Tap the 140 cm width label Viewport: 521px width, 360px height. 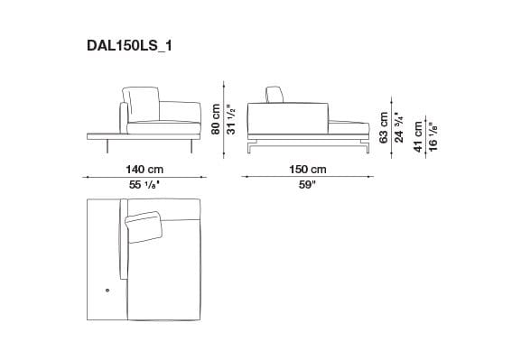pyautogui.click(x=144, y=169)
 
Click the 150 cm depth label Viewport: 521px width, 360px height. pyautogui.click(x=308, y=169)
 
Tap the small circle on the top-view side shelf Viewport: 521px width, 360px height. pyautogui.click(x=107, y=291)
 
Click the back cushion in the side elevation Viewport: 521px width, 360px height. pyautogui.click(x=276, y=97)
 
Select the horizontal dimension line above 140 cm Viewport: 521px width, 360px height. pyautogui.click(x=144, y=177)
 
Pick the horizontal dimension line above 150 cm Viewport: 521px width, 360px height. pyautogui.click(x=308, y=177)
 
